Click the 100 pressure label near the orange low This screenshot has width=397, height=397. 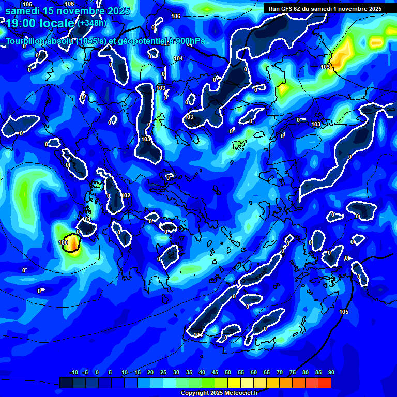[63, 242]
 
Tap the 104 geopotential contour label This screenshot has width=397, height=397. [178, 59]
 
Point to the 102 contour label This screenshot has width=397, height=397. [127, 195]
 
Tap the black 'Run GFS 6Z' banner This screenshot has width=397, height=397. [325, 9]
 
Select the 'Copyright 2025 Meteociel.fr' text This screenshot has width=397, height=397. [219, 393]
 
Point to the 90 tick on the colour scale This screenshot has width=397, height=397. [331, 373]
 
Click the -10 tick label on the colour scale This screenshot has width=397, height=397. [73, 373]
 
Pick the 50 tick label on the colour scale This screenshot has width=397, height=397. [227, 373]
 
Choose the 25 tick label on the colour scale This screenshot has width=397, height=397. [163, 373]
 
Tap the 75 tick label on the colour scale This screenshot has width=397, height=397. [293, 373]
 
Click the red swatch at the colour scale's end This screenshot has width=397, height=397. [325, 383]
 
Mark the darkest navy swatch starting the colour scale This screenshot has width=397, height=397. [66, 383]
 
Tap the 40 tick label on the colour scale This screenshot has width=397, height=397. [202, 373]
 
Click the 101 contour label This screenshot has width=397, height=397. [87, 220]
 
